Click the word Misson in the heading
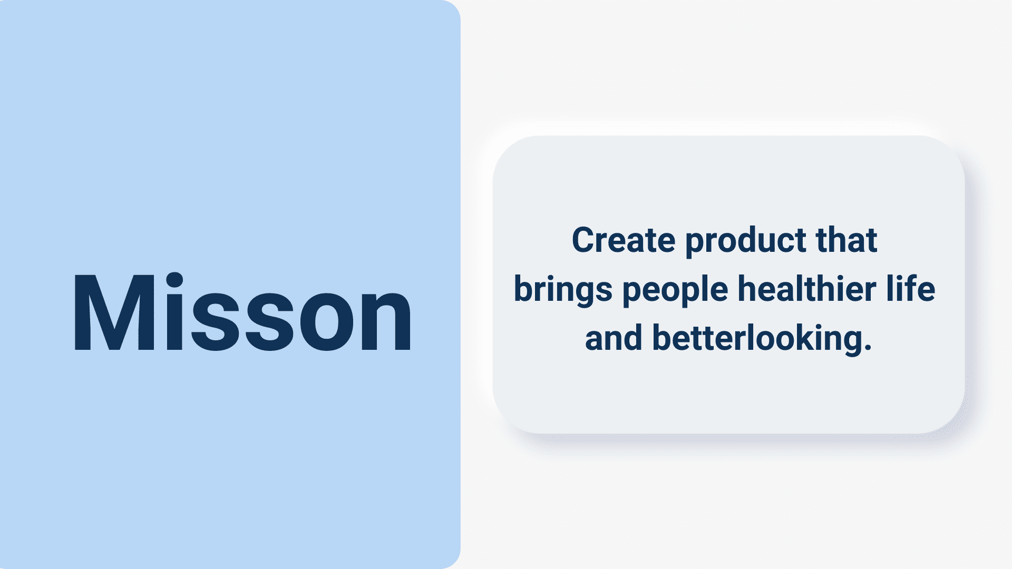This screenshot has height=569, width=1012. point(242,311)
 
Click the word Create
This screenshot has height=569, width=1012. point(624,240)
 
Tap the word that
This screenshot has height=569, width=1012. point(846,240)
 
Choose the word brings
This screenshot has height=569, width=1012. point(563,291)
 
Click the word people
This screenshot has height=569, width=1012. point(675,291)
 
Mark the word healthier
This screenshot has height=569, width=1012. point(806,289)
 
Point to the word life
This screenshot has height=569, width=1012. point(910,288)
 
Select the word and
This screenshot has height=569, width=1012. point(614,338)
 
